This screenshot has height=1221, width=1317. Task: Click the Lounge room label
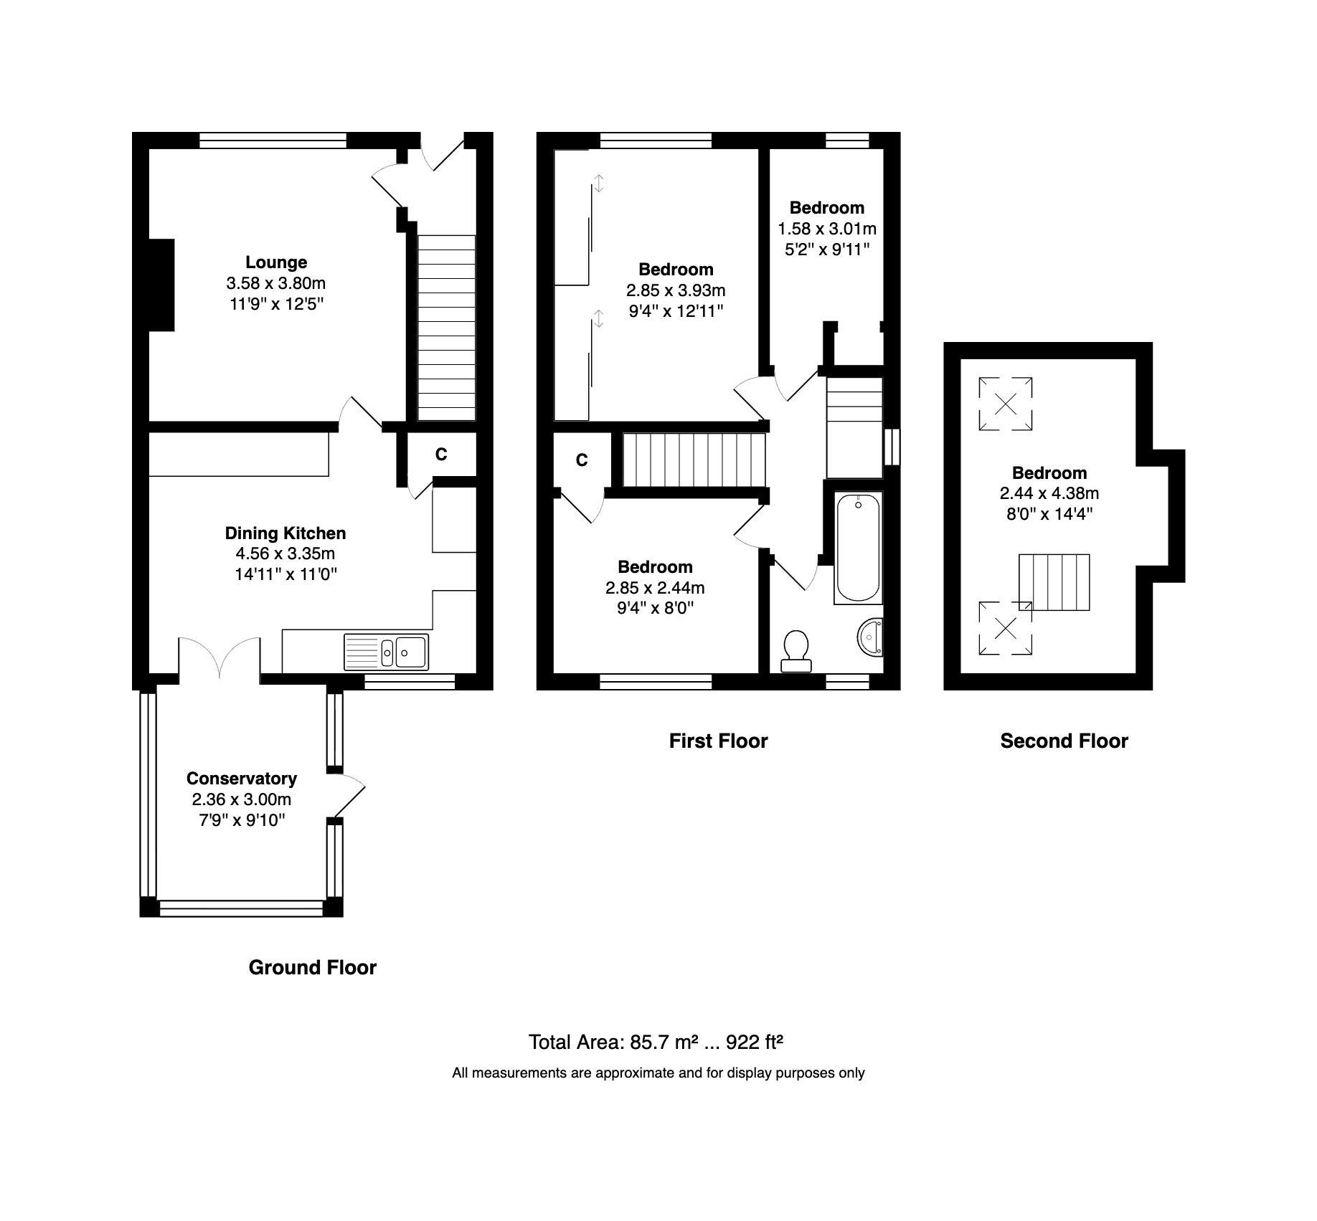coord(276,262)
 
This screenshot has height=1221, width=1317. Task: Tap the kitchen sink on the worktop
coord(387,652)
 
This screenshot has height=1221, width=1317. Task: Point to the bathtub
coord(858,547)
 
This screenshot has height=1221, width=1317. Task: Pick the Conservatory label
coord(241,778)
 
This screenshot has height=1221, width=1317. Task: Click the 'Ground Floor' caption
coord(312,967)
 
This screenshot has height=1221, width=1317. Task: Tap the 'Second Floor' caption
coord(1064,741)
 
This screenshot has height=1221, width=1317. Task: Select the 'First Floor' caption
coord(718,741)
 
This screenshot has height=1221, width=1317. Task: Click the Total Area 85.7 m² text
coord(655,1042)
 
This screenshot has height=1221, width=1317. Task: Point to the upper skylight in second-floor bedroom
coord(1006,404)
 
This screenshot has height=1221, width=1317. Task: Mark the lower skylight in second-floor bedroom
coord(1006,628)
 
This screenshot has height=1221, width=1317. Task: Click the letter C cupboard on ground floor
coord(441,454)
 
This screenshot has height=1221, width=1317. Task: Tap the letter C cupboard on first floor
coord(582,460)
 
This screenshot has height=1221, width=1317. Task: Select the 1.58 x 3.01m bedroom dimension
coord(826,229)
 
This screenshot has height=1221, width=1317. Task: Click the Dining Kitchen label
coord(285,533)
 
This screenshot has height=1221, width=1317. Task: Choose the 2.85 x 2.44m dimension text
coord(654,588)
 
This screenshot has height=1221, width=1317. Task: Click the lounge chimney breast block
coord(161,285)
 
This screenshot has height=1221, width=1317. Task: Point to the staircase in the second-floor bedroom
coord(1054,581)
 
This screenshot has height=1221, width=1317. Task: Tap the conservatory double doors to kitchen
coord(219,656)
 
